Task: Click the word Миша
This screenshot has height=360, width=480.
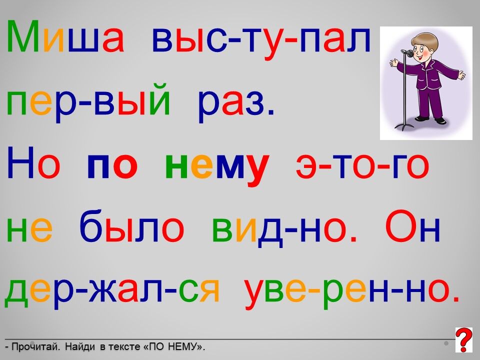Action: (x=65, y=36)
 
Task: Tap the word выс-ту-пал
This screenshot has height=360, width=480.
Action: (x=261, y=40)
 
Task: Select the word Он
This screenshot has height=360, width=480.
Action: (x=412, y=226)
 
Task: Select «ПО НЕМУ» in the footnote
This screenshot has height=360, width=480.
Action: (x=173, y=347)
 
